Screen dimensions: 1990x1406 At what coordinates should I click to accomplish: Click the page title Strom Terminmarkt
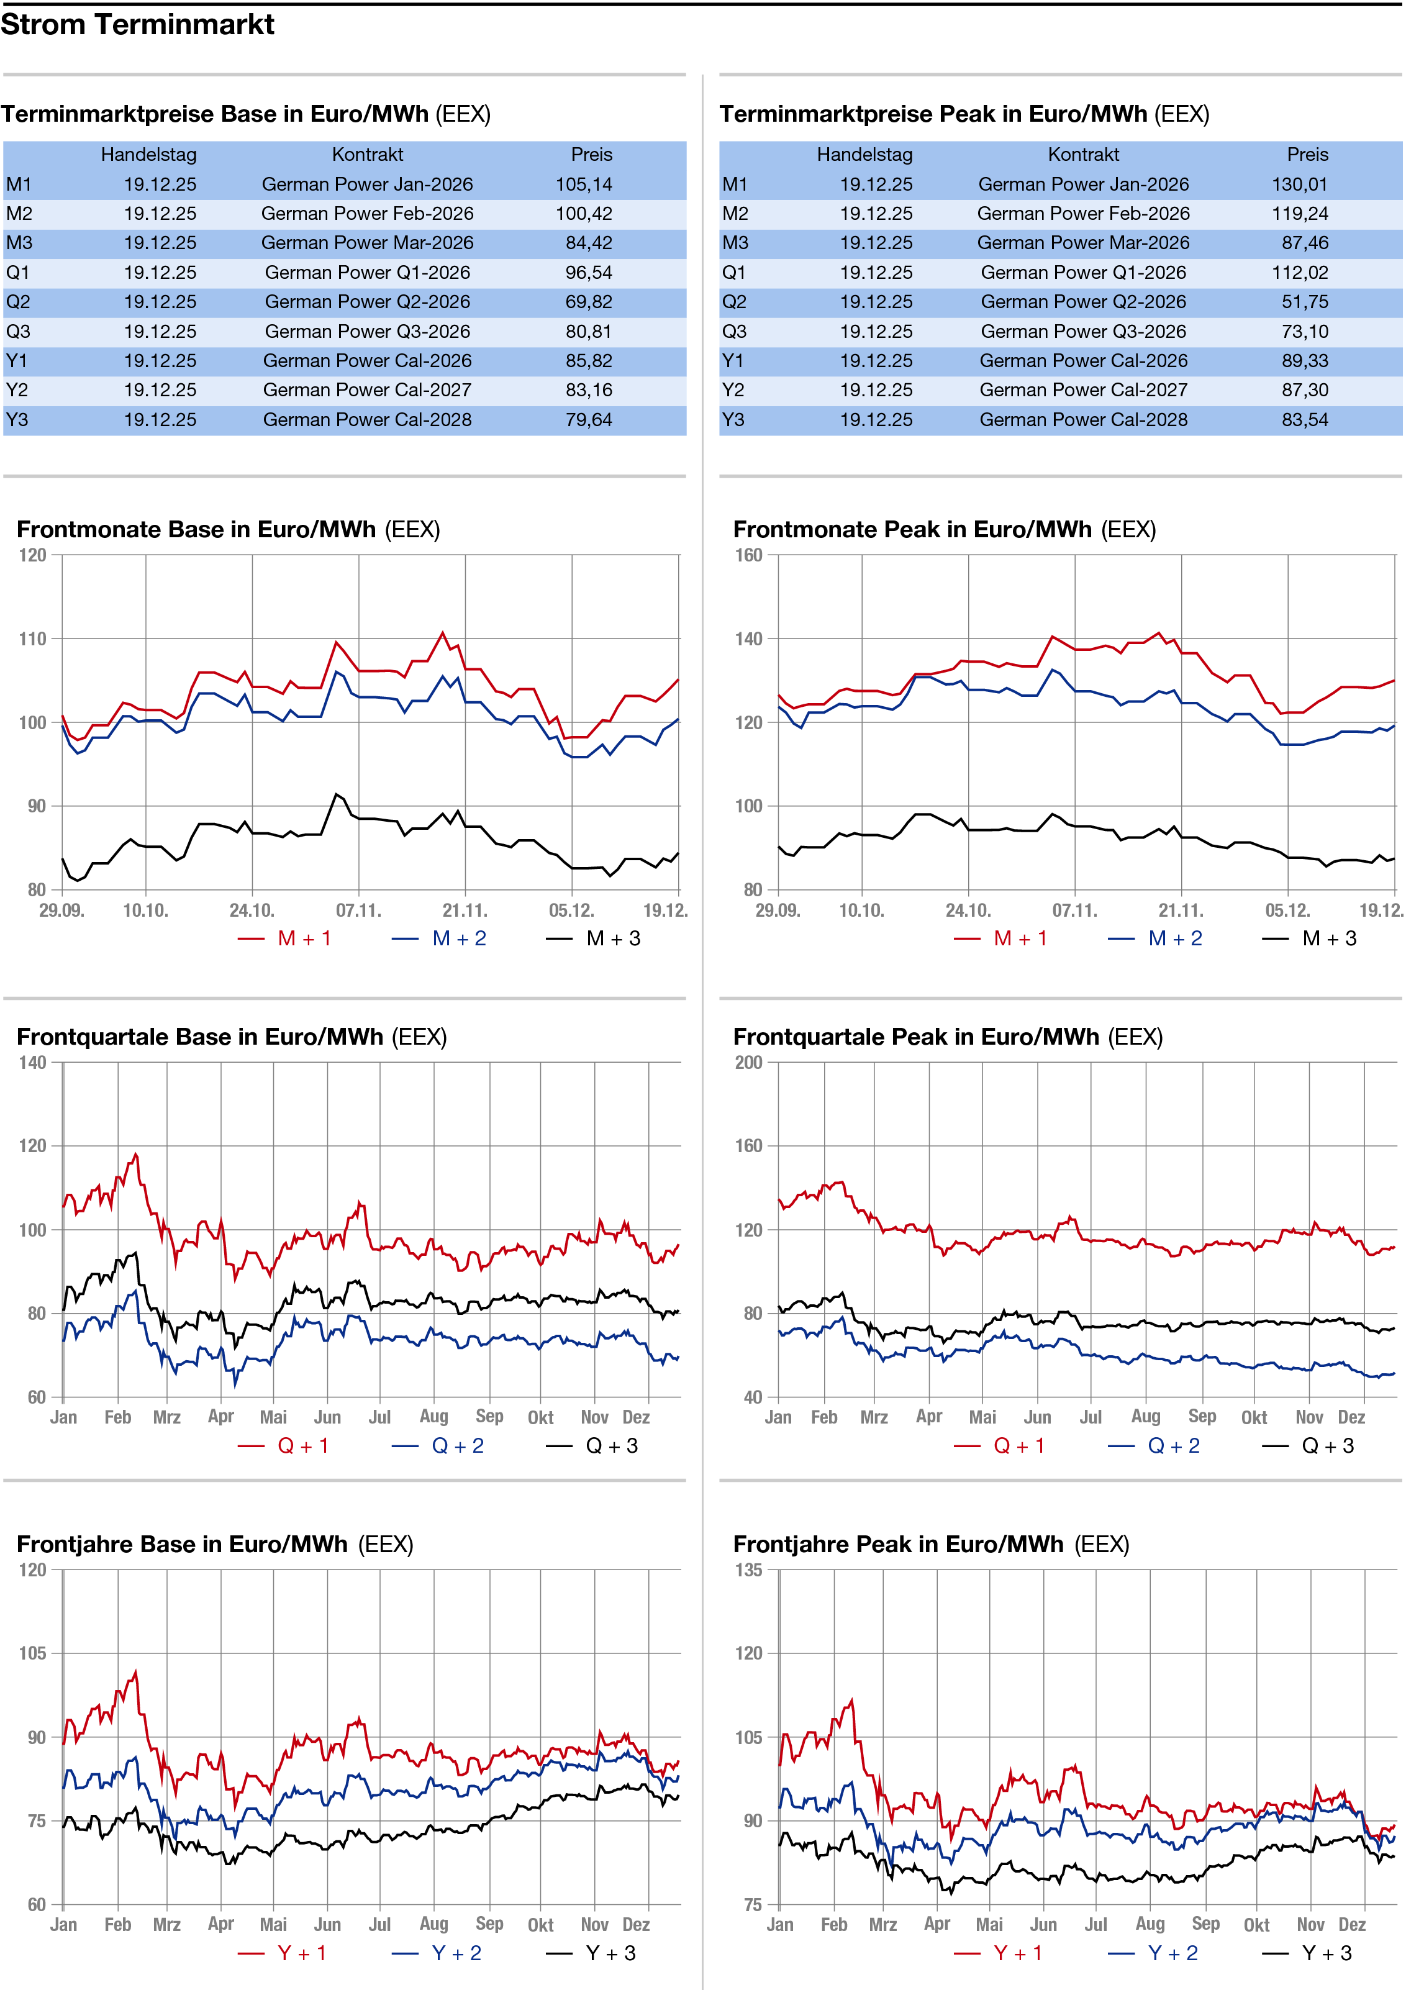[x=137, y=24]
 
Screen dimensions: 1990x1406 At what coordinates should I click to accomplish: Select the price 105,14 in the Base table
[x=583, y=184]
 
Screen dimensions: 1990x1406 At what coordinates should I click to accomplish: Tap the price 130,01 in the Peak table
[x=1299, y=184]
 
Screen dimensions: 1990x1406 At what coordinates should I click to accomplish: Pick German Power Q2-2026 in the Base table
[x=368, y=302]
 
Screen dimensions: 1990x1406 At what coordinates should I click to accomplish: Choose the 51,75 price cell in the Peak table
[x=1305, y=302]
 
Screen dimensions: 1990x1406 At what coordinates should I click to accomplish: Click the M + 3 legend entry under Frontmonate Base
[x=613, y=938]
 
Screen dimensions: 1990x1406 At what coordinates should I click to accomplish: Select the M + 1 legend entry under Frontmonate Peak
[x=1019, y=938]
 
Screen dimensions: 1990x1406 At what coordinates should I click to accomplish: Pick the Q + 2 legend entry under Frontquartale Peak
[x=1173, y=1446]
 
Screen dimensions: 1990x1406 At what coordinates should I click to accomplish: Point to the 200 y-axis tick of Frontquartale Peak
[x=748, y=1063]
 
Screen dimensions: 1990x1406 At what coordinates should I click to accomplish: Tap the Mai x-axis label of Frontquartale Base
[x=273, y=1417]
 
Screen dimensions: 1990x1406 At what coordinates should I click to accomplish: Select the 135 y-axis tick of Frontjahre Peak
[x=748, y=1570]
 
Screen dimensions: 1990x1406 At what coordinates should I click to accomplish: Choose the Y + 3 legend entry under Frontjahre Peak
[x=1327, y=1953]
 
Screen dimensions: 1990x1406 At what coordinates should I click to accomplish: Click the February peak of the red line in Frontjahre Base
[x=135, y=1671]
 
